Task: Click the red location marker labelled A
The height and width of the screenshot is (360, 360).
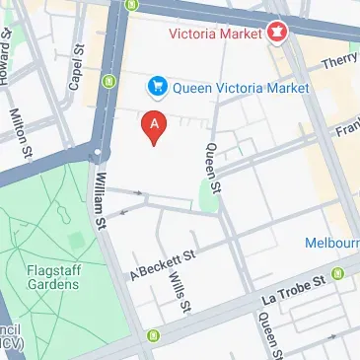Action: pos(154,125)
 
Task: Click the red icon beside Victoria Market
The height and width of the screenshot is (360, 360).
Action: pos(277,32)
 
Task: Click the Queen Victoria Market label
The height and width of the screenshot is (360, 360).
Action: pos(241,88)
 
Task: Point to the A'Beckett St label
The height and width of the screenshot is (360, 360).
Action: pos(164,261)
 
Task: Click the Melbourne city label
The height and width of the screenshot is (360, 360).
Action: pos(331,243)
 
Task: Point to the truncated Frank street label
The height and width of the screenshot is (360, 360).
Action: pos(346,129)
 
